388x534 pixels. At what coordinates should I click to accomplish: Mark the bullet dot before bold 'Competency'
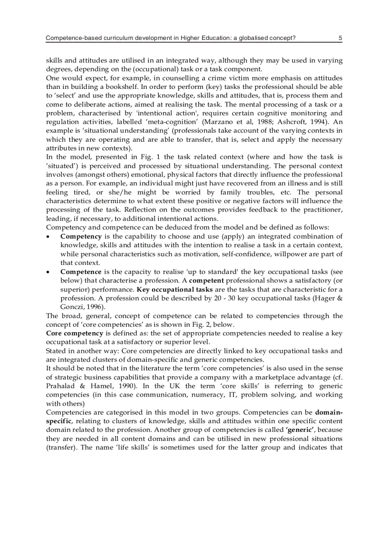(x=48, y=237)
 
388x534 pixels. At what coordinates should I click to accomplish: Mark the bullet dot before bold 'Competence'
(x=48, y=272)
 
